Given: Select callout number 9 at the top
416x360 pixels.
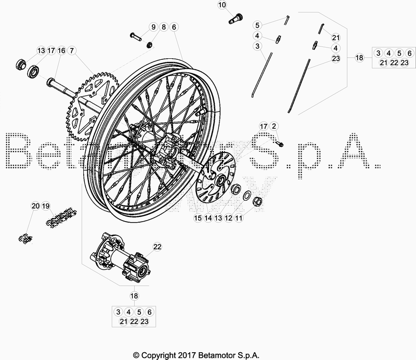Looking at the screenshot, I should coord(153,27).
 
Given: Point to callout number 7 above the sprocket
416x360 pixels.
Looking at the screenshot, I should coord(72,50).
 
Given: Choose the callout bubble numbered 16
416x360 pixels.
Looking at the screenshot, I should coord(61,50).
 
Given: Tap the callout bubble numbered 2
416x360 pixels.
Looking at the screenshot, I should coord(274,126).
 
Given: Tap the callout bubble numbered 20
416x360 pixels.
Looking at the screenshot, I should coord(35,206).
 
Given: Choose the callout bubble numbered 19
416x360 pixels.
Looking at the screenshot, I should coord(46,206).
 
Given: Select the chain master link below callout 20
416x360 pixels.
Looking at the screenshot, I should coord(24,239).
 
